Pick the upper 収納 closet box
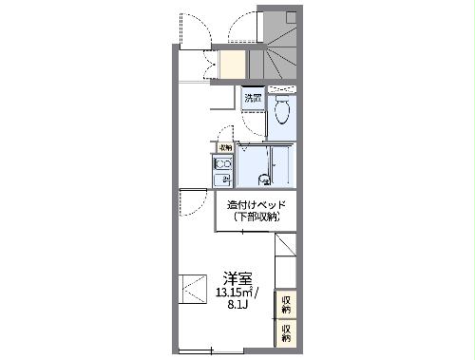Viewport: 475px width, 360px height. (286, 304)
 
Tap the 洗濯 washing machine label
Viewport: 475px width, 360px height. (252, 98)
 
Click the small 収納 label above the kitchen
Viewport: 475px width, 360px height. (225, 147)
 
